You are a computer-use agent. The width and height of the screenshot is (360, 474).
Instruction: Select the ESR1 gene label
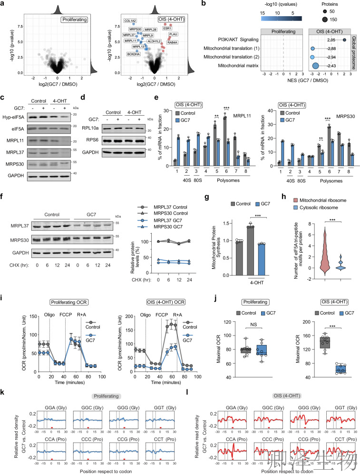pos(167,29)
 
